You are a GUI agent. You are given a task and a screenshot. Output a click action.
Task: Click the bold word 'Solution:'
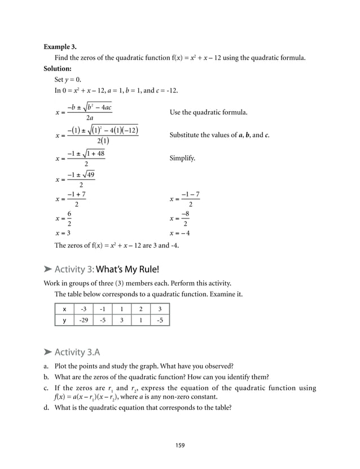pos(59,69)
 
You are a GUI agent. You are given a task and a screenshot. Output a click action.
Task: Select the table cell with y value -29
pos(84,321)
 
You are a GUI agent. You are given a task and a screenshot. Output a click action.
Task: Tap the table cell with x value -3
pos(84,309)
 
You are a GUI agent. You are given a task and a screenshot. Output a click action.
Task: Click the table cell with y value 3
pos(122,321)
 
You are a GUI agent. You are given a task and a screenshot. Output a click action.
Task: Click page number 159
pos(179,445)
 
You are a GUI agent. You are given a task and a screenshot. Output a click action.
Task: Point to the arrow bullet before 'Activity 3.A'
pos(48,353)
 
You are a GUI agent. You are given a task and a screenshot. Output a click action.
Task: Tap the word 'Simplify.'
pos(182,159)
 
